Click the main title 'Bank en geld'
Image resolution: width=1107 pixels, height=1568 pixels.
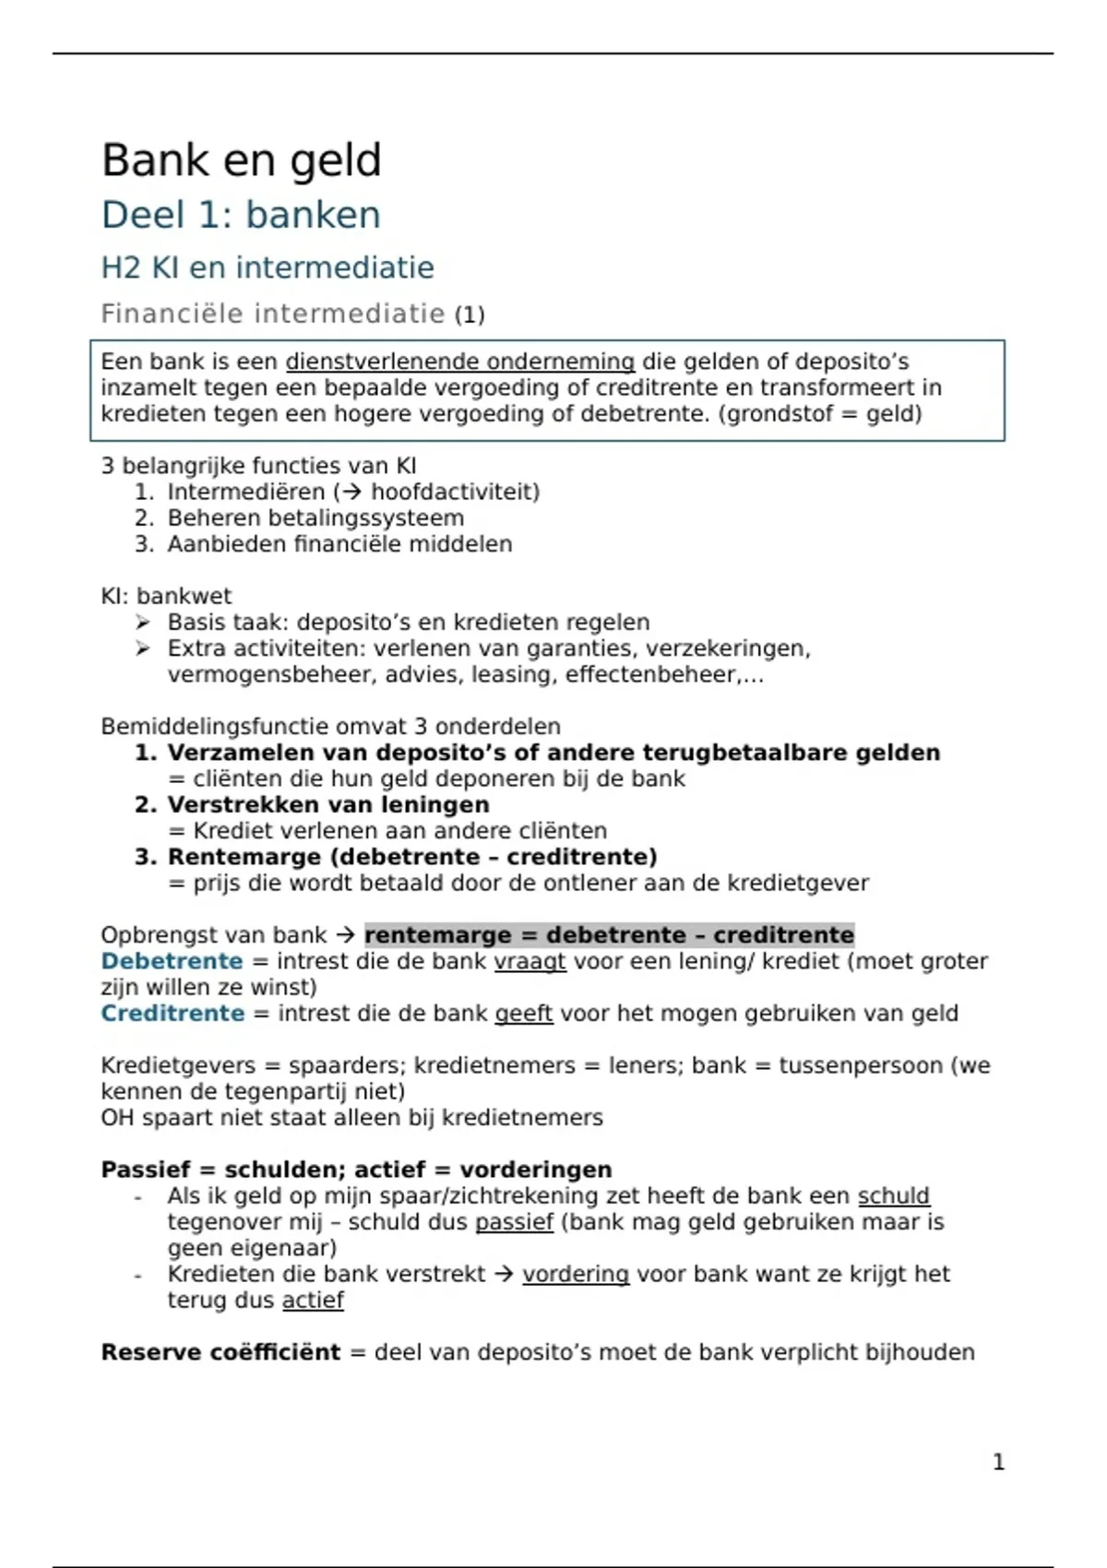tap(241, 160)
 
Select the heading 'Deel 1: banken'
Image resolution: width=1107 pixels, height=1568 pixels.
tap(241, 215)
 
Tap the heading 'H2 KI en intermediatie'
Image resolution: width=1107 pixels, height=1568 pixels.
tap(267, 267)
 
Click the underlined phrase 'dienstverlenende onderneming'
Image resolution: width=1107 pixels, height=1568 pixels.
tap(459, 362)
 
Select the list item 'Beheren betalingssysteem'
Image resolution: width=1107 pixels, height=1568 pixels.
tap(315, 517)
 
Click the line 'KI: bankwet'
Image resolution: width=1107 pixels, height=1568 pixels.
tap(166, 596)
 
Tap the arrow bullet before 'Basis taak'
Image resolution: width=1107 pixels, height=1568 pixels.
tap(143, 623)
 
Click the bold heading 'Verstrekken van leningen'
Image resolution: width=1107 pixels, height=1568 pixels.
tap(327, 804)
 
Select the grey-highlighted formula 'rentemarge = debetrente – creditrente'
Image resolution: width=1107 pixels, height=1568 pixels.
tap(609, 935)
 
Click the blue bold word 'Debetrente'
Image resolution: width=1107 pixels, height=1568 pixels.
tap(172, 961)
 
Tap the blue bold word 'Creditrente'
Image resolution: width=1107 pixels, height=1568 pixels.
tap(173, 1014)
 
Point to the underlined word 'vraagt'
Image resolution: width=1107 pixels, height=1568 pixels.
tap(530, 961)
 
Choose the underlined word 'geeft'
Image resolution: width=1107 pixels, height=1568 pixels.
tap(523, 1014)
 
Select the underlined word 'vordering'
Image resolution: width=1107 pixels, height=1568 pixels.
tap(575, 1274)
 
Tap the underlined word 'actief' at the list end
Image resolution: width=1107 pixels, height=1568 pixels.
tap(313, 1300)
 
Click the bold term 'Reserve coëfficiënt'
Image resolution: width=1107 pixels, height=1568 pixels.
tap(220, 1352)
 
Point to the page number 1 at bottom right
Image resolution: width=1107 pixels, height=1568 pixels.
tap(998, 1462)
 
